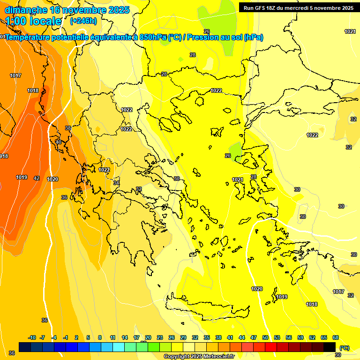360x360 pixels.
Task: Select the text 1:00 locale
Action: click(33, 21)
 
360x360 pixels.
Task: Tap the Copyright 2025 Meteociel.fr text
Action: click(199, 357)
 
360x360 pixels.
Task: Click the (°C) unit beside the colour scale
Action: click(344, 347)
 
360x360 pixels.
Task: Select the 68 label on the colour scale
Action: click(336, 337)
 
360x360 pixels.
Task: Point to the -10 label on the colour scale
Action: click(32, 337)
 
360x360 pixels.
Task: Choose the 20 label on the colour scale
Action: click(148, 337)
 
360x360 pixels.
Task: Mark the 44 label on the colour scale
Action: click(242, 337)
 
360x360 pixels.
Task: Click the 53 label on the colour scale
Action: click(277, 337)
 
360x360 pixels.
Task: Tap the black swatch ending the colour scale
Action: click(330, 347)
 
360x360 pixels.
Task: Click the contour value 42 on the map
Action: click(37, 178)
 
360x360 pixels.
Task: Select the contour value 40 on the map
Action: click(58, 142)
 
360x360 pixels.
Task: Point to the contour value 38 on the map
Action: click(68, 128)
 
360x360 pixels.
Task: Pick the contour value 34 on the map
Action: click(116, 183)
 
